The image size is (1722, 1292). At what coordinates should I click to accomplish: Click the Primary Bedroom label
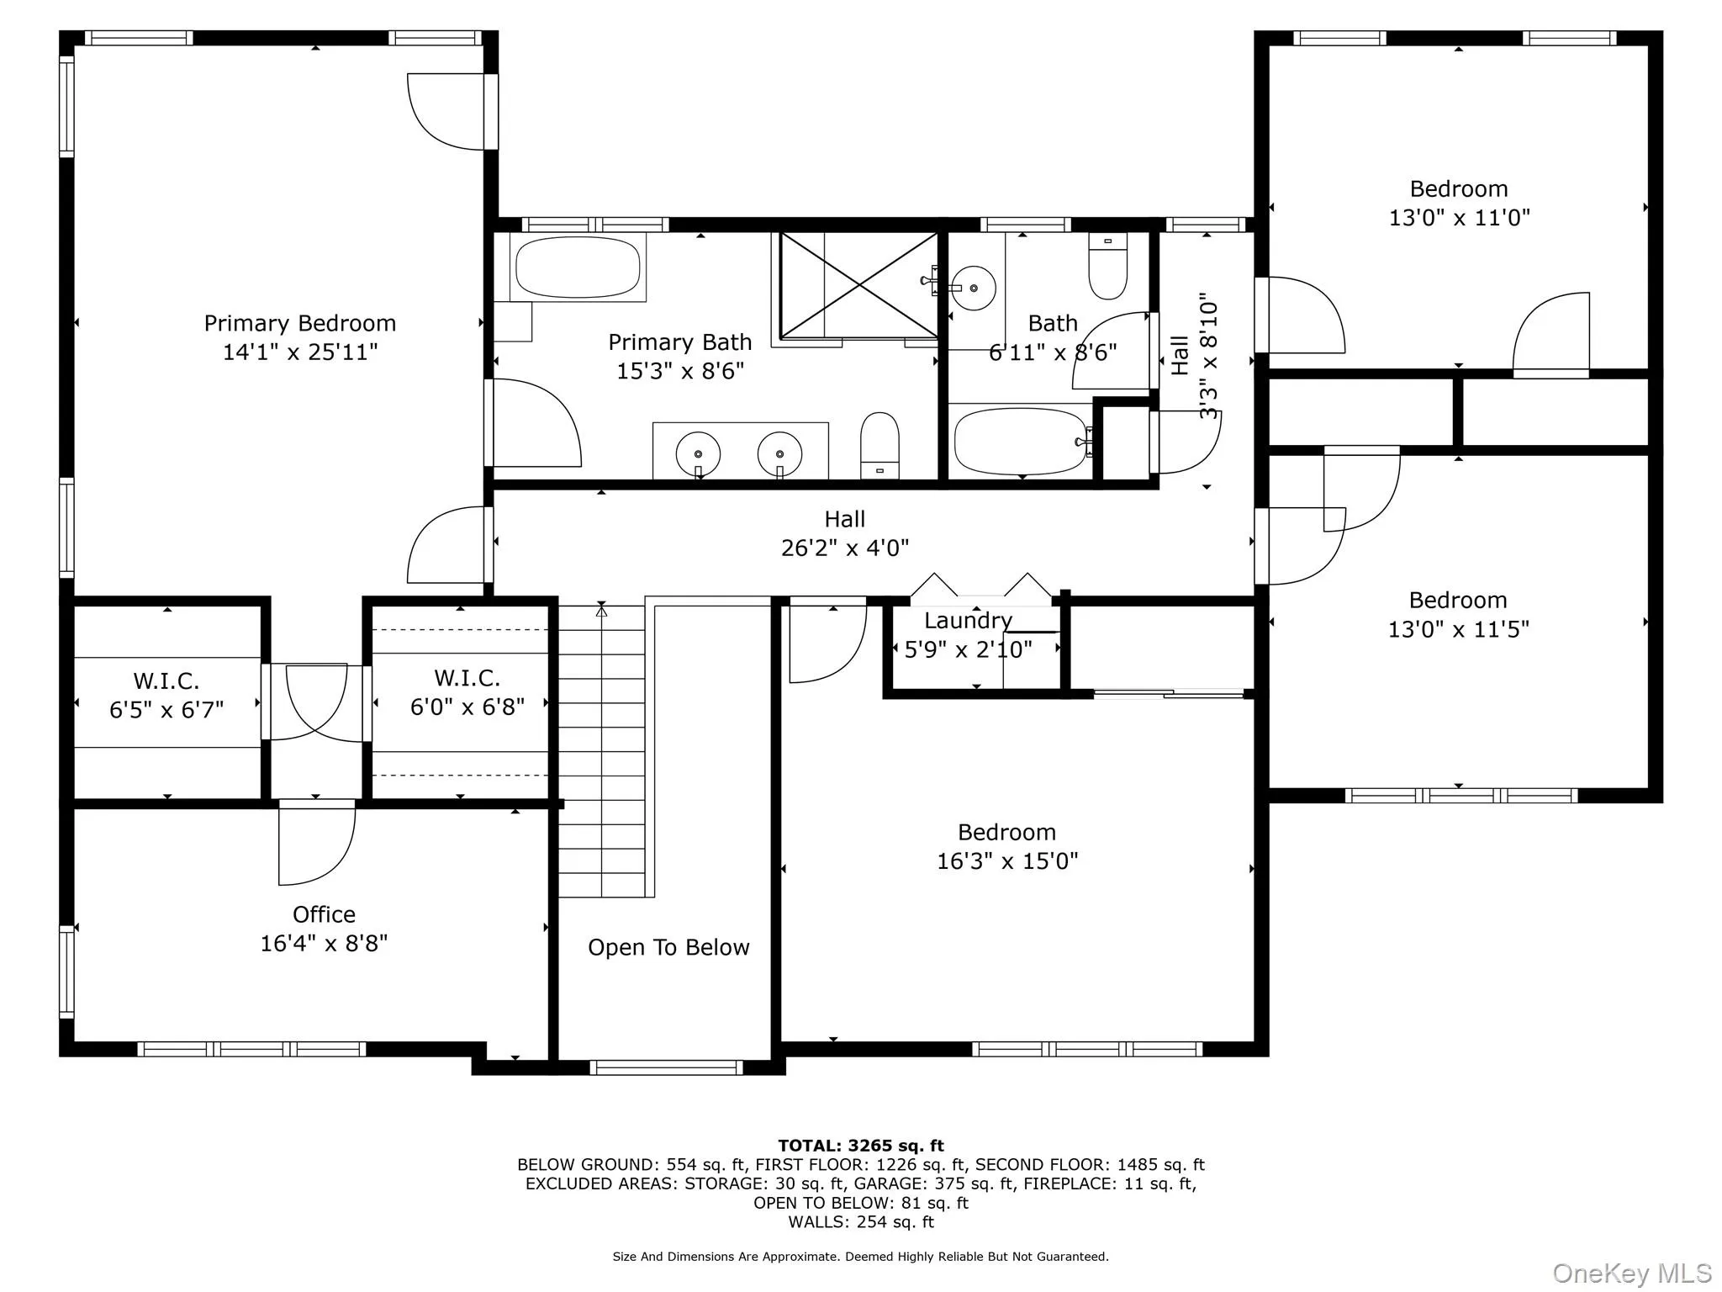(x=300, y=324)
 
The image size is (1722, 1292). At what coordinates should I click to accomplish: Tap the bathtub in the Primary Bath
(x=577, y=267)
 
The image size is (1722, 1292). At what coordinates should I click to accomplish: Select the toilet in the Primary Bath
(x=879, y=446)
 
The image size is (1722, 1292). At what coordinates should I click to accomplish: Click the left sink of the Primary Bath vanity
(x=698, y=454)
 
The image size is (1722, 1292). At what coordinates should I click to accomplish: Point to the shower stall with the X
(x=858, y=285)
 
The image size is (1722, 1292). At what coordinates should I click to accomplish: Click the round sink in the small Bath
(x=974, y=288)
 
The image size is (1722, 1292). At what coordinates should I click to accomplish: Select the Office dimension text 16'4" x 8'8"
(x=324, y=943)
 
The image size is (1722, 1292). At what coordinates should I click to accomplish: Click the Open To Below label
(x=668, y=947)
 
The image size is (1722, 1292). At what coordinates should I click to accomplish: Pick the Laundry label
(x=968, y=621)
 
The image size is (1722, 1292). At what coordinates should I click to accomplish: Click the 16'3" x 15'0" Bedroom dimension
(x=1007, y=860)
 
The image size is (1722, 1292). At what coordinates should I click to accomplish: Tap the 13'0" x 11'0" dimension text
(x=1459, y=217)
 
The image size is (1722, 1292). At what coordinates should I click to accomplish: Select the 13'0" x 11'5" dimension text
(x=1458, y=629)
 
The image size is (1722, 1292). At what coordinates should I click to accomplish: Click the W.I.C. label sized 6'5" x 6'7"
(x=166, y=680)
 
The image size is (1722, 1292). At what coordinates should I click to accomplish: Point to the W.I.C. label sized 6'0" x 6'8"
(x=467, y=678)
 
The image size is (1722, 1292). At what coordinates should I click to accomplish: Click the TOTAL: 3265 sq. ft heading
(x=861, y=1146)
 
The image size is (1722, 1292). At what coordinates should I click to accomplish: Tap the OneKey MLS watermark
(x=1631, y=1273)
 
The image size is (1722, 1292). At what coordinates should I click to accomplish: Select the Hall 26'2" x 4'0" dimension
(x=845, y=548)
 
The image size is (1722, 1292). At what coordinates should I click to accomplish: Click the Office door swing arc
(x=345, y=862)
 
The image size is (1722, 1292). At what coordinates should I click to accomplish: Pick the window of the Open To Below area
(x=666, y=1068)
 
